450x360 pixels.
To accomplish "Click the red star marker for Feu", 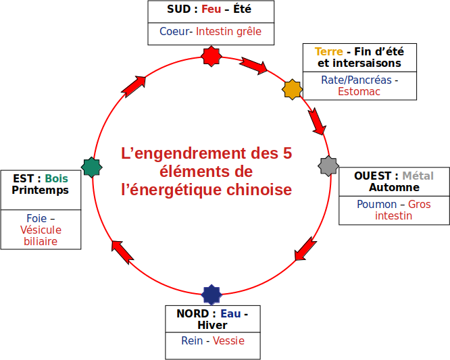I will click(212, 56).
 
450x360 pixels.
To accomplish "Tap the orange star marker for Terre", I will click(291, 89).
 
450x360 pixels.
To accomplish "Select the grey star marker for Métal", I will click(328, 165).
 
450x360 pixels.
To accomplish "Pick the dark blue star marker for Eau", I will click(211, 294).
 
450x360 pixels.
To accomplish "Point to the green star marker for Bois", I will click(91, 167).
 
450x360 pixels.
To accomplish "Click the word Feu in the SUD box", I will click(211, 9).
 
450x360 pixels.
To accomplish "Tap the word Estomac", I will click(359, 91).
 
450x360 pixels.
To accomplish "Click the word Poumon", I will click(376, 204).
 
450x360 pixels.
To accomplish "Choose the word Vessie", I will click(228, 340).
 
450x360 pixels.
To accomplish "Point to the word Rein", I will click(192, 340).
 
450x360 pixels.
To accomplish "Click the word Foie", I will click(36, 218).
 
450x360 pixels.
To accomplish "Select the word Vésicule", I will click(41, 230).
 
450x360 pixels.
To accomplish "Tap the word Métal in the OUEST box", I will click(418, 176).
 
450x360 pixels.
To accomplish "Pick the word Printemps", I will click(41, 190).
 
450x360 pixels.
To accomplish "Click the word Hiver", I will click(212, 325).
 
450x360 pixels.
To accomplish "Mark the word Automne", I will click(394, 187).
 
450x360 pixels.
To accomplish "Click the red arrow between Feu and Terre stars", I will click(253, 66).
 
